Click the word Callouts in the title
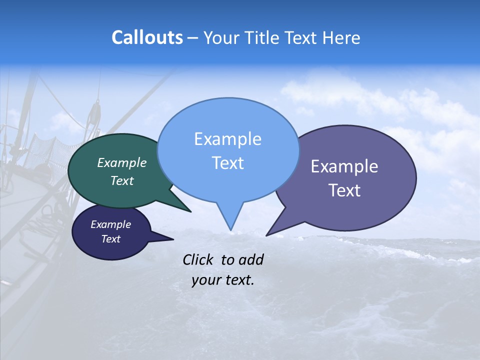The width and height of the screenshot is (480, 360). click(x=147, y=37)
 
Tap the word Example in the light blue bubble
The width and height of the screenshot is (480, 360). click(x=227, y=139)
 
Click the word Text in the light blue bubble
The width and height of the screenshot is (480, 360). click(x=227, y=162)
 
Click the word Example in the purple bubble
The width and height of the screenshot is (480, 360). click(x=344, y=166)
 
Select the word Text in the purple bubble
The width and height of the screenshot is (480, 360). click(x=344, y=190)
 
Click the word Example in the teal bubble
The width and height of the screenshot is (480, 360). click(x=122, y=163)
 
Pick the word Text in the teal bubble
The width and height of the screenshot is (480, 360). click(x=122, y=180)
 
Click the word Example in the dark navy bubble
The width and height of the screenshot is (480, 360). click(x=110, y=224)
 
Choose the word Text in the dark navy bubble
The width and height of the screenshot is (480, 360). click(x=110, y=239)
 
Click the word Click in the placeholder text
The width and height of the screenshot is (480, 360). click(x=198, y=259)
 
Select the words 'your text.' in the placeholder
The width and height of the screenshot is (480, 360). click(x=223, y=280)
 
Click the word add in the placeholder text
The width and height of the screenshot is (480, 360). click(x=250, y=259)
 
